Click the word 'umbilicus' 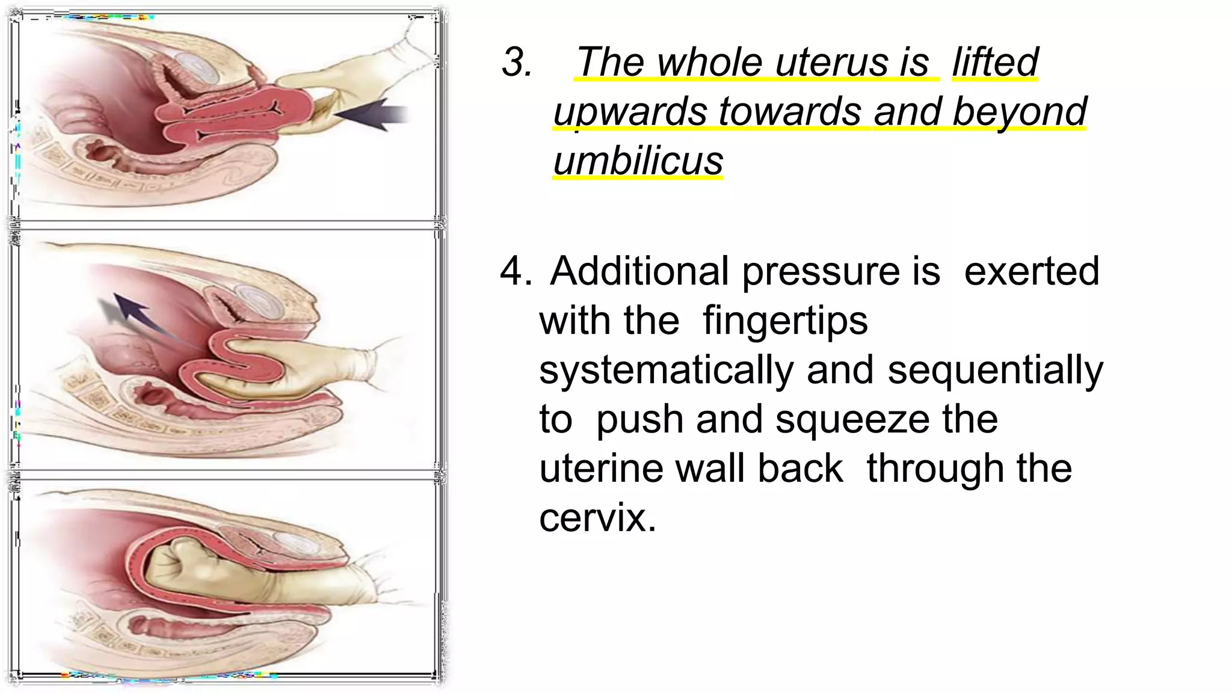click(638, 161)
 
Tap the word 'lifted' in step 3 click(995, 62)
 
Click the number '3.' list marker click(517, 62)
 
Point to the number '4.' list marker click(516, 271)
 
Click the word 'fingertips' click(785, 321)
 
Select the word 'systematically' click(666, 371)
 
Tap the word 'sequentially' click(996, 371)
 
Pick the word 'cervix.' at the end click(597, 517)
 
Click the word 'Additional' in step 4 click(639, 271)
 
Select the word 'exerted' click(1031, 271)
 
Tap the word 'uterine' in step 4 click(601, 469)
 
